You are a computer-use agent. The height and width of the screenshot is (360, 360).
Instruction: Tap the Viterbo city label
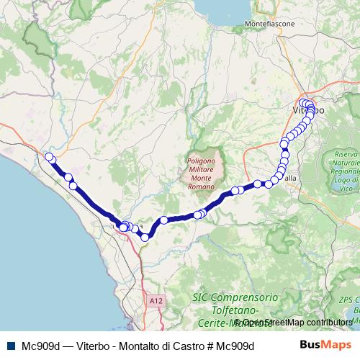308,111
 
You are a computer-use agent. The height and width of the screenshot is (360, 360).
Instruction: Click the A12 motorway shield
156,300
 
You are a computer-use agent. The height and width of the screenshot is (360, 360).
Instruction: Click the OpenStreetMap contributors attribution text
296,323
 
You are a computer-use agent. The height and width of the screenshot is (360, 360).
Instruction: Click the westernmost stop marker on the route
49,157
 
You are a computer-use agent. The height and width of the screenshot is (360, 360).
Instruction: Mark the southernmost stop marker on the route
145,237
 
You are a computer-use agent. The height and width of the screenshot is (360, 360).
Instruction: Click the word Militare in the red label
204,169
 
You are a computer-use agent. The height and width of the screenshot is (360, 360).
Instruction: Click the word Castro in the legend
186,346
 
